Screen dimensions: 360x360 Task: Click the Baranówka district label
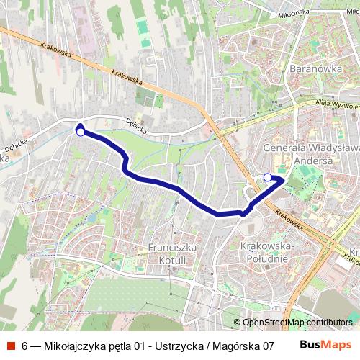click(x=314, y=69)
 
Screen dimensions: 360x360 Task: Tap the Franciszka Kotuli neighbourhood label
click(x=172, y=253)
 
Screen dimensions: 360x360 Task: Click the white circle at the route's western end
click(x=81, y=132)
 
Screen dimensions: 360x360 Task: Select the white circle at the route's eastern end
click(x=268, y=177)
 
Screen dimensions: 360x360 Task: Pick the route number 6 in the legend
click(x=25, y=346)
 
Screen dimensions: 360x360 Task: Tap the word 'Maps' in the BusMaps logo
click(x=337, y=345)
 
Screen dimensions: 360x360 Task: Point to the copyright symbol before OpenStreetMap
click(x=237, y=323)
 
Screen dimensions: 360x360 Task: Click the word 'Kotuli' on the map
click(x=172, y=259)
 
